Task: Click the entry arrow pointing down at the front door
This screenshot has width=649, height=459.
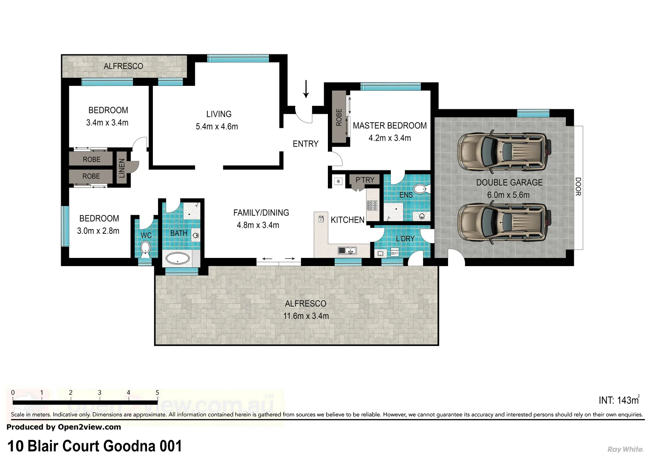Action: tap(306, 89)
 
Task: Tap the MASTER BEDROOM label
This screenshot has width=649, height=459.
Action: tap(389, 126)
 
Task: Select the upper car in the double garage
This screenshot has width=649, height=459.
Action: tap(504, 152)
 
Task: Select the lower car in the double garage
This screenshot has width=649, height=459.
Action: tap(504, 224)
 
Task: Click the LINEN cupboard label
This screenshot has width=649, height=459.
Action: tap(122, 168)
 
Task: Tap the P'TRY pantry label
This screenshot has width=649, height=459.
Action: tap(365, 180)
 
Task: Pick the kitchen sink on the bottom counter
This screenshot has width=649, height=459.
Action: tap(347, 251)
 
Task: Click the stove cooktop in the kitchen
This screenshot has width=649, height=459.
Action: tap(372, 206)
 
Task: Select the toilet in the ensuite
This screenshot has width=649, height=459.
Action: tap(420, 189)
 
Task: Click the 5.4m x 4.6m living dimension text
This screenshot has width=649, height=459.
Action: tap(217, 127)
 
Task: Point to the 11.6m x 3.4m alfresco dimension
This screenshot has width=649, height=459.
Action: tap(306, 316)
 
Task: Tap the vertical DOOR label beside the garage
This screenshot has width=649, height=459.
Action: tap(578, 187)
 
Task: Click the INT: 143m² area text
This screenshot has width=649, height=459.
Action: tap(618, 400)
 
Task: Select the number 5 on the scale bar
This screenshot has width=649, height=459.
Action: tap(157, 393)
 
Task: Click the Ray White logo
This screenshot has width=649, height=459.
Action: tap(625, 449)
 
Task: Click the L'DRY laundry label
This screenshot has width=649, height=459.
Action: tap(405, 239)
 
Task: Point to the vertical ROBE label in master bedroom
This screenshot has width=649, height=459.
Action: tap(339, 117)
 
